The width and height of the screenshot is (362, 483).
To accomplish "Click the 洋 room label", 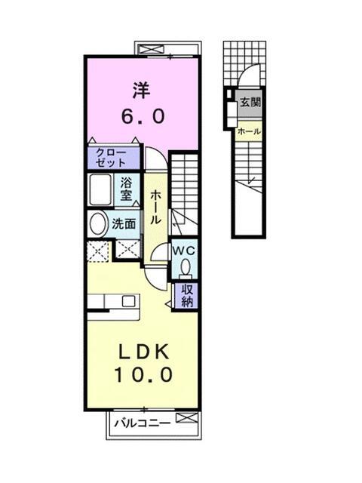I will (142, 90).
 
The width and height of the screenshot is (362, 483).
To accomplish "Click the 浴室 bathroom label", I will (127, 189).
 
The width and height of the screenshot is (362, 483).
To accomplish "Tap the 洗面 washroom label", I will (124, 223).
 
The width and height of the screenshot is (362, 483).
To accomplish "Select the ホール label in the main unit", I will (155, 205).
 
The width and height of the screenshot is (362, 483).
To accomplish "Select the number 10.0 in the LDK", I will (144, 374).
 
